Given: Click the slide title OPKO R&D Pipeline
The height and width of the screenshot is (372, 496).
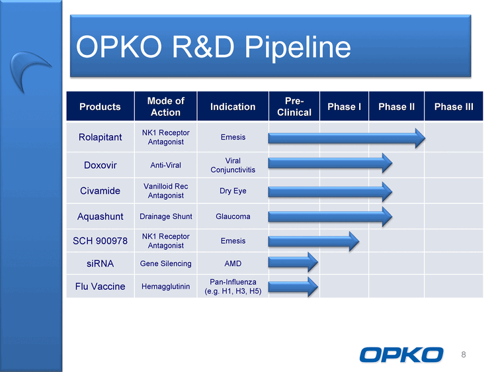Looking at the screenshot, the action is pyautogui.click(x=214, y=47).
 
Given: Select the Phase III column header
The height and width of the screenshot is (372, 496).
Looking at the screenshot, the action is pyautogui.click(x=454, y=107).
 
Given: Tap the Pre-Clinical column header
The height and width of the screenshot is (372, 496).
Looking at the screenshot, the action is pyautogui.click(x=294, y=107).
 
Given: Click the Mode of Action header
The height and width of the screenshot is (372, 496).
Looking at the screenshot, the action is pyautogui.click(x=166, y=107).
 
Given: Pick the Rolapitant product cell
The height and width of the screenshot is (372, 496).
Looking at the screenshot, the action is pyautogui.click(x=100, y=137).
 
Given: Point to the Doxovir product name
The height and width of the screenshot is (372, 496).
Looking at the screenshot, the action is pyautogui.click(x=101, y=165).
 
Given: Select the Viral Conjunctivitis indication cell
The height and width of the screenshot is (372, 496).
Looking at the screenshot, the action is pyautogui.click(x=233, y=165).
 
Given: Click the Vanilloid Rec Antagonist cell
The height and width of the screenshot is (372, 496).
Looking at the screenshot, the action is pyautogui.click(x=166, y=191).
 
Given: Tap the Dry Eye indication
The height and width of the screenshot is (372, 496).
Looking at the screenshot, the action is pyautogui.click(x=233, y=191).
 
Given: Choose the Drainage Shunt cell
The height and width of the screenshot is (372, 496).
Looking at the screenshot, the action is pyautogui.click(x=166, y=216).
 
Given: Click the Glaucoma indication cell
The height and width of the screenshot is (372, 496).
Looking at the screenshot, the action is pyautogui.click(x=233, y=216).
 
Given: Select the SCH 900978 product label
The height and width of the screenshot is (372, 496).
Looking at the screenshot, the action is pyautogui.click(x=100, y=241).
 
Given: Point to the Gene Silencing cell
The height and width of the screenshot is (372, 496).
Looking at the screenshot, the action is pyautogui.click(x=166, y=263).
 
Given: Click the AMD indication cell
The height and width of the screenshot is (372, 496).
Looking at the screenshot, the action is pyautogui.click(x=233, y=263).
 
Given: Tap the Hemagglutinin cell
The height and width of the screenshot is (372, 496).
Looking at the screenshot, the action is pyautogui.click(x=166, y=287).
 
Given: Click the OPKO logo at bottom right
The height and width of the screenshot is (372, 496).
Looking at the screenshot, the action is pyautogui.click(x=401, y=355).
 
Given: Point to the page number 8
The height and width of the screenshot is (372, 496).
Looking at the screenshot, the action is pyautogui.click(x=464, y=355).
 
